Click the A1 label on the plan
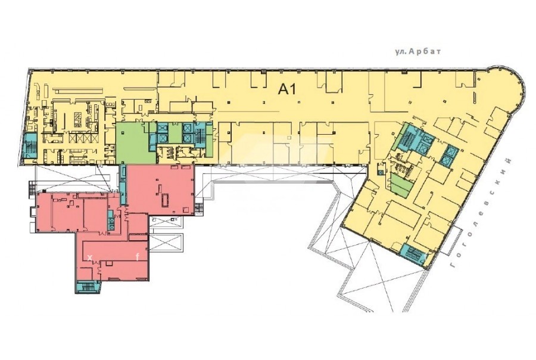286,89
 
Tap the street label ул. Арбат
418,51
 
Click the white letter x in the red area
90,257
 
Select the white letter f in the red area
138,257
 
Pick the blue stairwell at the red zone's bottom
87,287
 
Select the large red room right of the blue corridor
160,190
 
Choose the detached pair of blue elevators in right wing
448,155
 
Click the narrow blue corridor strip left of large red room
123,185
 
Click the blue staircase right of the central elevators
200,135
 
